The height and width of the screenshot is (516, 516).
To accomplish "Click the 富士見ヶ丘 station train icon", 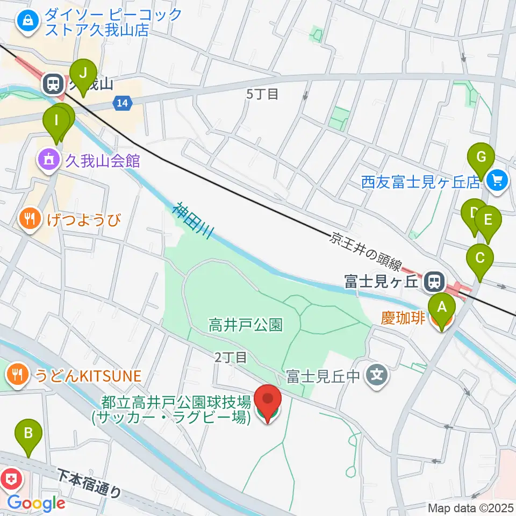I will tap(432, 280).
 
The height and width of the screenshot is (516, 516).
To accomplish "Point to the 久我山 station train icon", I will tap(53, 83).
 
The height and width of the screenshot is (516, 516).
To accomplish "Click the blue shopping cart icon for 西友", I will tap(497, 180).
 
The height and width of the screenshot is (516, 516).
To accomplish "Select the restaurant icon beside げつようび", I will tap(28, 219).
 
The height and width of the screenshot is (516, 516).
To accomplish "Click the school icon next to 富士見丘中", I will tap(377, 374).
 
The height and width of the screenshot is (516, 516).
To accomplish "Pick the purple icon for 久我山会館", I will tap(49, 160).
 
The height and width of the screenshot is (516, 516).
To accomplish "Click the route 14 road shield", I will tap(123, 103).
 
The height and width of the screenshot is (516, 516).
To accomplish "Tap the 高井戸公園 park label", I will tap(246, 325).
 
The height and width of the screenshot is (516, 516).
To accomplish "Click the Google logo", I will tap(37, 503).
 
